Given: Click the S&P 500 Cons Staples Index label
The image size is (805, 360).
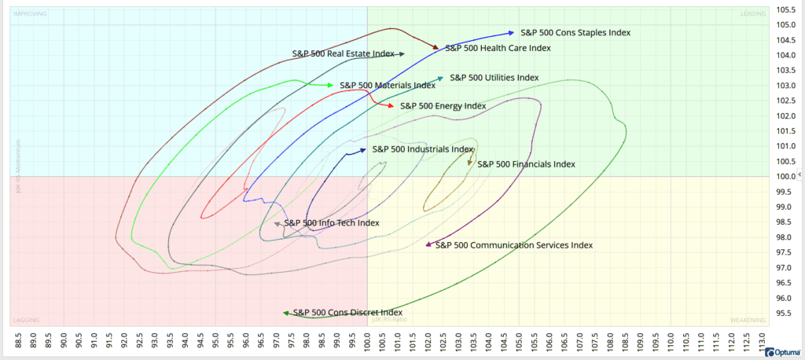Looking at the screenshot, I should pos(575,32).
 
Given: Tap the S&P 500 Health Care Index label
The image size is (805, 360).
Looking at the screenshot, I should pos(498,48).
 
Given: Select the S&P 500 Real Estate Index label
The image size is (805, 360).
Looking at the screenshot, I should pos(343,54).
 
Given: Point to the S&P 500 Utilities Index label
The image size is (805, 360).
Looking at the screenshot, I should pos(494,78).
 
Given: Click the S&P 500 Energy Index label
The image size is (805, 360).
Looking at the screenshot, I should pos(443,105).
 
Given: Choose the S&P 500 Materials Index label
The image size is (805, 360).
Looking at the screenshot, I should pos(387,85).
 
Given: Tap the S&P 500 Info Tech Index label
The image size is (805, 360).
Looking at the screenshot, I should pos(331,223).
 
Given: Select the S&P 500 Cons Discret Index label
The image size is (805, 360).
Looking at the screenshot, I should pos(347,313).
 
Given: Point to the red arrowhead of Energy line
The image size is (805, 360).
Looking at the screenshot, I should pos(391,105).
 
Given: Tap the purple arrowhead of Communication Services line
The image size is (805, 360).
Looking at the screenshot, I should pos(429,245).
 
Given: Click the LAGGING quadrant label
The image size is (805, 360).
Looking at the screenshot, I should pos(28,320).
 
